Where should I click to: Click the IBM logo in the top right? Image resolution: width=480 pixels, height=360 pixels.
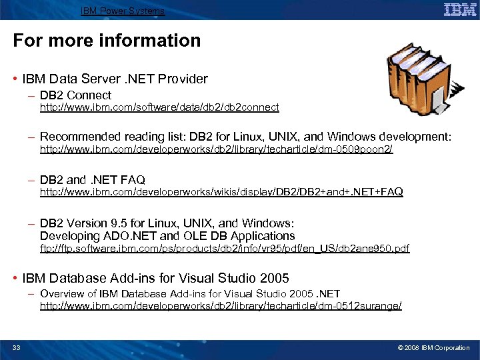(460, 9)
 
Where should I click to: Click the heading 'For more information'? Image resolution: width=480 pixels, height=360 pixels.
(107, 41)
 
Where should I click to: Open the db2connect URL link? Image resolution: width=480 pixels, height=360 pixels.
(159, 107)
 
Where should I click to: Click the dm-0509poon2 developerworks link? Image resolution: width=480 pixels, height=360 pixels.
(216, 150)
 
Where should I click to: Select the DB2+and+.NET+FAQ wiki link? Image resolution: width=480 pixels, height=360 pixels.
(221, 192)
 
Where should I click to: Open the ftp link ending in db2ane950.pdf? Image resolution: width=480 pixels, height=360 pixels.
(225, 249)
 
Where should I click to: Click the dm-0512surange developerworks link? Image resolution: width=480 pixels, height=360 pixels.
(221, 305)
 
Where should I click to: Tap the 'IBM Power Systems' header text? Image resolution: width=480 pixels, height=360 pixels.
(123, 11)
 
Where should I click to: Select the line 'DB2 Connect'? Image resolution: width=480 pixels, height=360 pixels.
(75, 95)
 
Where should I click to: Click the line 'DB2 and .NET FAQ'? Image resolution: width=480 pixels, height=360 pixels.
(92, 180)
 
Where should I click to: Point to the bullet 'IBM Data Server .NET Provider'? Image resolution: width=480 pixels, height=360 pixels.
(115, 79)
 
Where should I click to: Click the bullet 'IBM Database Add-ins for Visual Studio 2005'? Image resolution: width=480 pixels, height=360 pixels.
(155, 277)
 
